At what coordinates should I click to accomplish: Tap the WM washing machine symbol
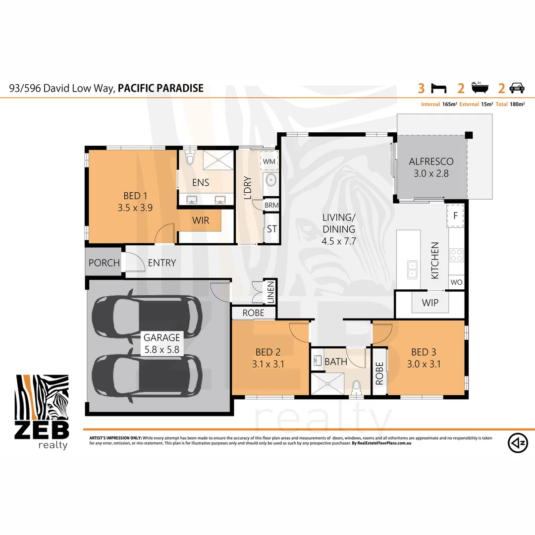coord(269,161)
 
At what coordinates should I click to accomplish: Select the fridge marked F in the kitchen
coord(455,215)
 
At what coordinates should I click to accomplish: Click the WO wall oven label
coord(456,282)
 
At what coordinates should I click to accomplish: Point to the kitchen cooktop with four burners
coord(456,255)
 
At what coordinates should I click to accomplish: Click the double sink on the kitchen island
coord(412,269)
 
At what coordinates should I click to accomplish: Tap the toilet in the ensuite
coord(189,158)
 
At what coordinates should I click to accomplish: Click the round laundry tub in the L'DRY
coord(271,180)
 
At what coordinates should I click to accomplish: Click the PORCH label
coord(104,263)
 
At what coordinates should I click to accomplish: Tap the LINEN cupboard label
coord(271,292)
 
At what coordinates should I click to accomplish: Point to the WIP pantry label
coord(429,302)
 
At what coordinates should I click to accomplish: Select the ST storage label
coord(271,229)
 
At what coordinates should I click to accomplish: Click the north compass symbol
coord(517,442)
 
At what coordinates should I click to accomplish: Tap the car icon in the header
coord(517,89)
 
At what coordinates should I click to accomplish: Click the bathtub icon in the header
coord(480,89)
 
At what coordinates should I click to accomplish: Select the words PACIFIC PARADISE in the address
coord(160,89)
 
